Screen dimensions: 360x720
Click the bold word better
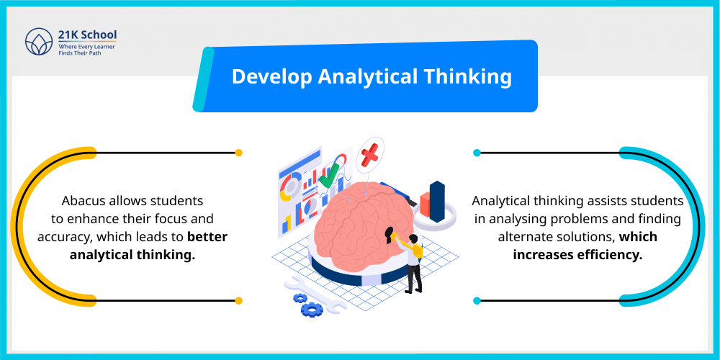(x=207, y=237)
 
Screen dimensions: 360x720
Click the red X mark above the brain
(x=369, y=153)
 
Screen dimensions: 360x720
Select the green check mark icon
(x=330, y=175)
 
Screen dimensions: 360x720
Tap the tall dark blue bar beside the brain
(x=437, y=201)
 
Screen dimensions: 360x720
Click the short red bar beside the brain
(x=426, y=204)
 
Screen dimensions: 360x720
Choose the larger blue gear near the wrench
(x=312, y=309)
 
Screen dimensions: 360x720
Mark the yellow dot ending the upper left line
(x=238, y=153)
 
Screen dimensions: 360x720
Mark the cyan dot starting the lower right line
(x=477, y=300)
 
